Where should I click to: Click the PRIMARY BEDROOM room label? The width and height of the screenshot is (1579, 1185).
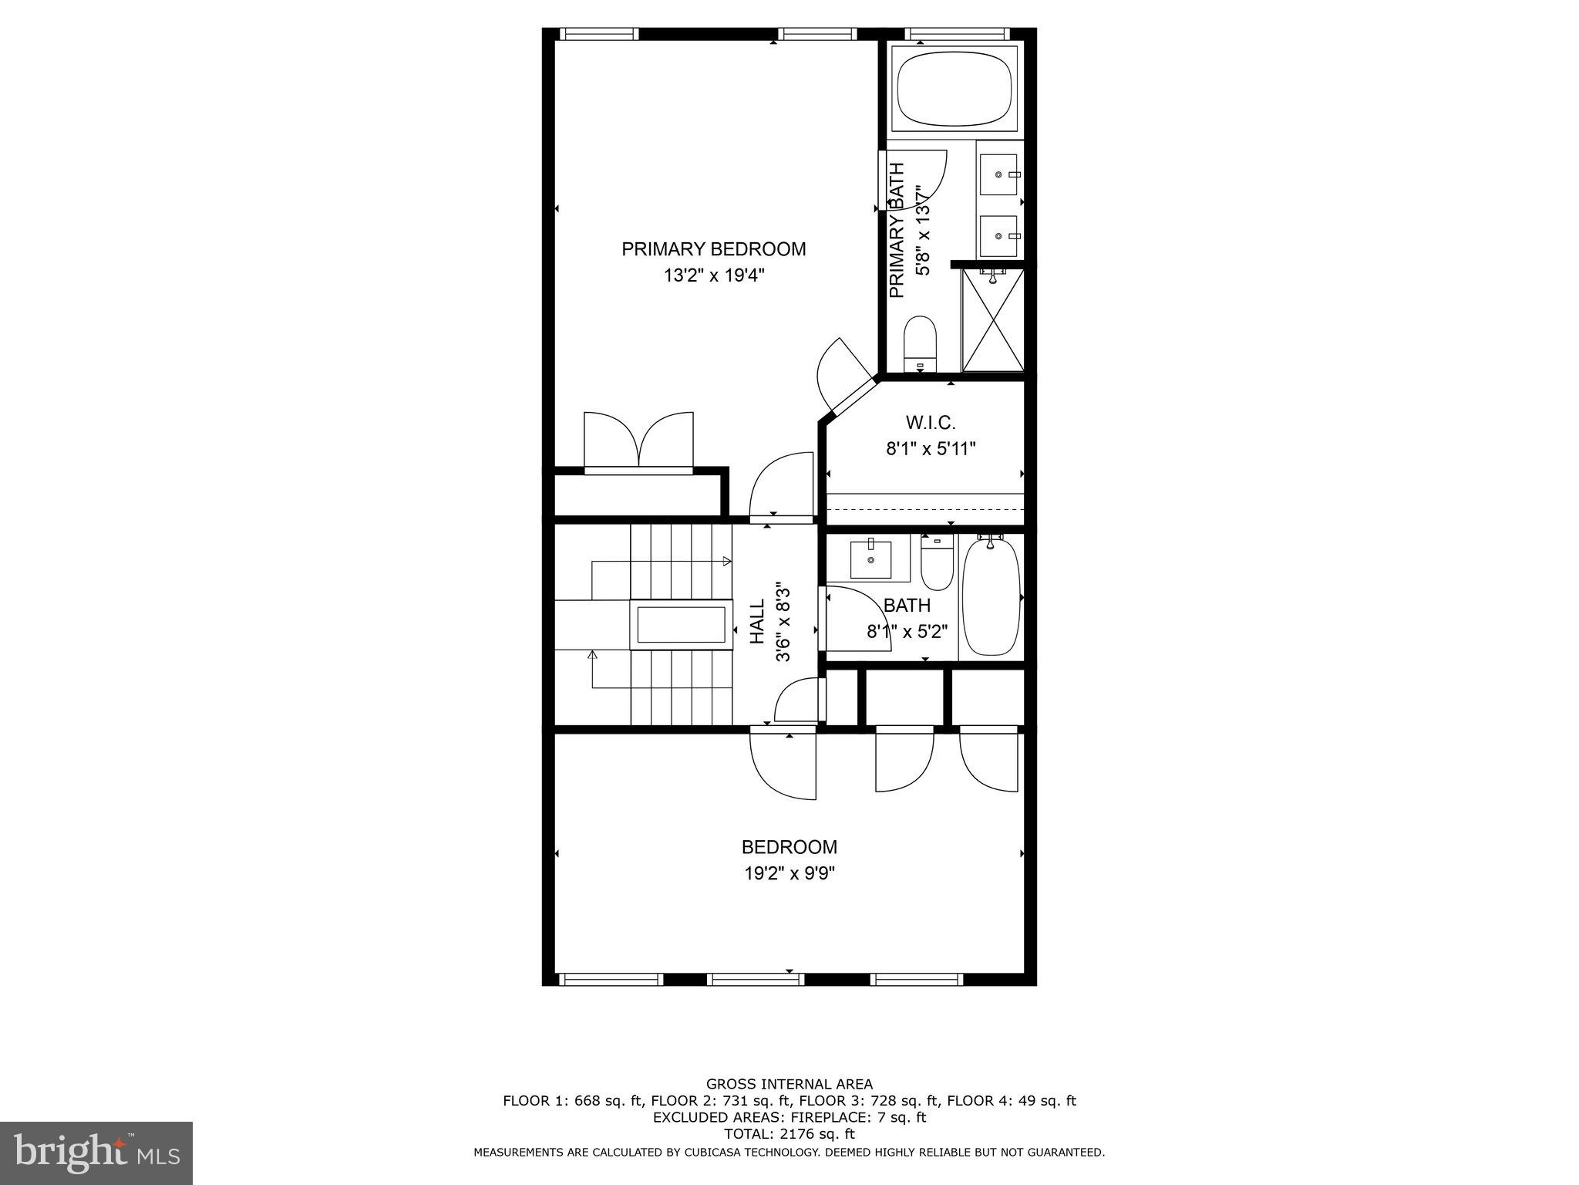(x=714, y=249)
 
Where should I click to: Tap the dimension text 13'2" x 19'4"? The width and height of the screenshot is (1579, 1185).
(x=714, y=275)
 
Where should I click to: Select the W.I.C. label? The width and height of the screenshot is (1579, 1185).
(x=931, y=423)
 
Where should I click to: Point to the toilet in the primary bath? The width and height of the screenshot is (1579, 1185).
(x=919, y=345)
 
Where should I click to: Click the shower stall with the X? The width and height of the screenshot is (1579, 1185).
(x=993, y=319)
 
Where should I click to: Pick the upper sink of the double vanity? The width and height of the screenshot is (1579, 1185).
(x=999, y=175)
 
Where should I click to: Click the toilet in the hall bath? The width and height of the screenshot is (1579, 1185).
(x=938, y=563)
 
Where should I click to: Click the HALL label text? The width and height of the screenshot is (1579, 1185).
(x=758, y=622)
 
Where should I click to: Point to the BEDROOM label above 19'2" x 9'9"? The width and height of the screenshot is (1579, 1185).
(x=789, y=847)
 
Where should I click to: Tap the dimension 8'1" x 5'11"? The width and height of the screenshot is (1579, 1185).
(x=931, y=449)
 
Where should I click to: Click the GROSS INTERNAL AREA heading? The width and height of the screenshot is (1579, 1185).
(x=789, y=1084)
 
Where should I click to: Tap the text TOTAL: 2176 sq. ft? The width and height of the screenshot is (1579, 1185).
(x=789, y=1134)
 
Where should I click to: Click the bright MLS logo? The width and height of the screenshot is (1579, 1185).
(x=97, y=1153)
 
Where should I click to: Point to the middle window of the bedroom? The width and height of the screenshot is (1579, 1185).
(x=756, y=980)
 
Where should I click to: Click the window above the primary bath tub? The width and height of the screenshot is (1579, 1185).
(x=956, y=34)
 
